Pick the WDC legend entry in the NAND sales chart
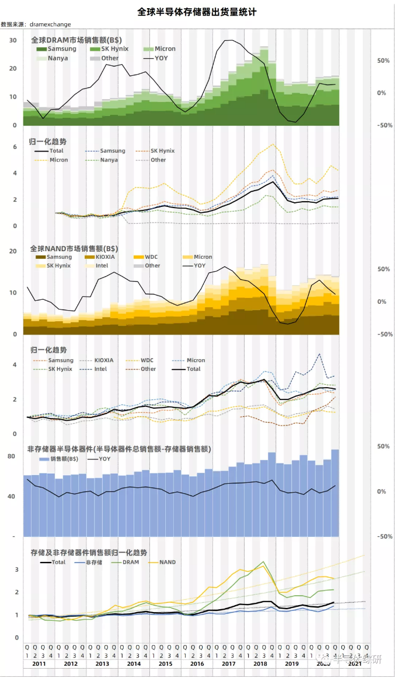click(x=152, y=257)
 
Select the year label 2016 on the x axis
click(x=197, y=664)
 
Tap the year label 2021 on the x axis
click(x=355, y=664)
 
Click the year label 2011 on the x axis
click(x=39, y=664)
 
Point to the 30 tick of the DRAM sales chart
click(x=12, y=40)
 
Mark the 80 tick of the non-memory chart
click(x=11, y=456)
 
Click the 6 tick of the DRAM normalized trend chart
click(x=15, y=147)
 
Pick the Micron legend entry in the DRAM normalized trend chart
click(x=58, y=160)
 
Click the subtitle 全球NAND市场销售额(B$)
click(x=76, y=248)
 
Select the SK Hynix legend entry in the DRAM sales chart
click(x=113, y=49)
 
